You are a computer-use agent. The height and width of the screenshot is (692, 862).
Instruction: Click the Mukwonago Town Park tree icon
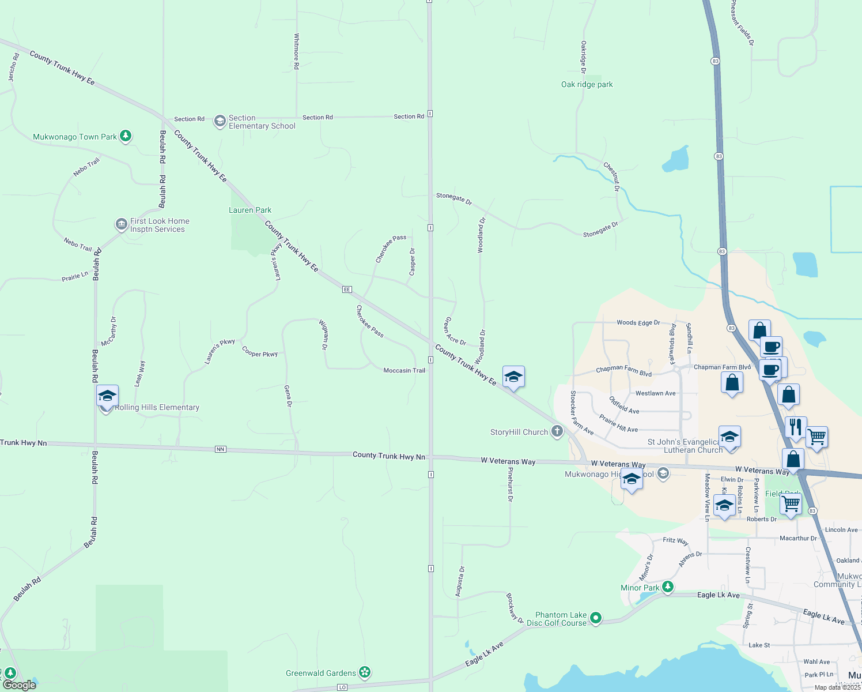(x=126, y=137)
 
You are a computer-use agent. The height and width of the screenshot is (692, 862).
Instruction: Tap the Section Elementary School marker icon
(x=220, y=121)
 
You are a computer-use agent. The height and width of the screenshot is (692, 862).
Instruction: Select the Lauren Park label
(x=250, y=210)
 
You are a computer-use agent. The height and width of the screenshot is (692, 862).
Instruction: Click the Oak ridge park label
(x=587, y=84)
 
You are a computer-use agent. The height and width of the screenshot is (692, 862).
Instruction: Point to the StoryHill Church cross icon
(x=557, y=431)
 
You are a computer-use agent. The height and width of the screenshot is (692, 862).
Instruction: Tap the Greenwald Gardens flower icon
(x=364, y=672)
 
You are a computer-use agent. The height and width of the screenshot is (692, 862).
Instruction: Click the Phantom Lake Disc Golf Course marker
(x=596, y=618)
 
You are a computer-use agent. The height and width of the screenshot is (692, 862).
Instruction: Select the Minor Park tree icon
(x=668, y=587)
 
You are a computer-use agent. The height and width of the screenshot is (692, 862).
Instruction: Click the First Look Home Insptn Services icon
(x=121, y=224)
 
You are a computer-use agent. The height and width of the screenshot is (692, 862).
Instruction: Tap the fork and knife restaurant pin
(x=795, y=427)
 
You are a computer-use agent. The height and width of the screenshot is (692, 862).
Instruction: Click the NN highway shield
(x=220, y=449)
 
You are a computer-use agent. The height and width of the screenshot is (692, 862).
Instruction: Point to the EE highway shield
(x=347, y=289)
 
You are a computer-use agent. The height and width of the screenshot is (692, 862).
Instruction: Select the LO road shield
(x=342, y=687)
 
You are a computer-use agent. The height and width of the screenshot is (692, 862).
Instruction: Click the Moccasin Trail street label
(x=404, y=370)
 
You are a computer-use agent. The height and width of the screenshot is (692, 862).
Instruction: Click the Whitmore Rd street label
(x=297, y=51)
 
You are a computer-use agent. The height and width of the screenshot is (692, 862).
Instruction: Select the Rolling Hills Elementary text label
(x=157, y=407)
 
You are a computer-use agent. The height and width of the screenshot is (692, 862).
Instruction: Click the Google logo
(x=20, y=685)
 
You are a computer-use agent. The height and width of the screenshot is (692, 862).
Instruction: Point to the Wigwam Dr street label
(x=324, y=336)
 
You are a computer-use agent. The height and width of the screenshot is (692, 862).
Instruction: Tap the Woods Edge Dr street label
(x=638, y=323)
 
